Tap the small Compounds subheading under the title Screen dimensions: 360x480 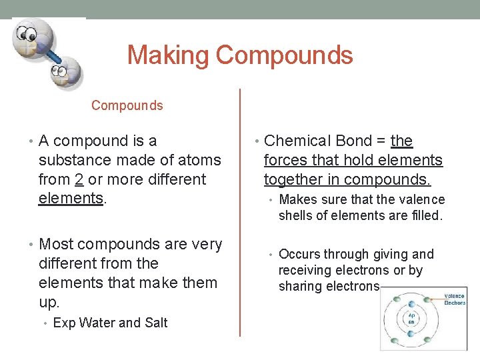127,105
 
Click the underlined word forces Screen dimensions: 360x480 285,160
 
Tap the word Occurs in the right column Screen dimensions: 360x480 297,254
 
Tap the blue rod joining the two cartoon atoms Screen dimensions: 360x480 48,56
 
